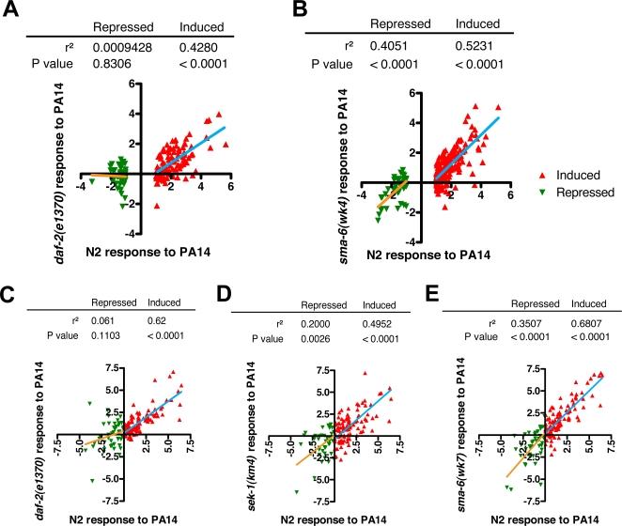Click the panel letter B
click(327, 13)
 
